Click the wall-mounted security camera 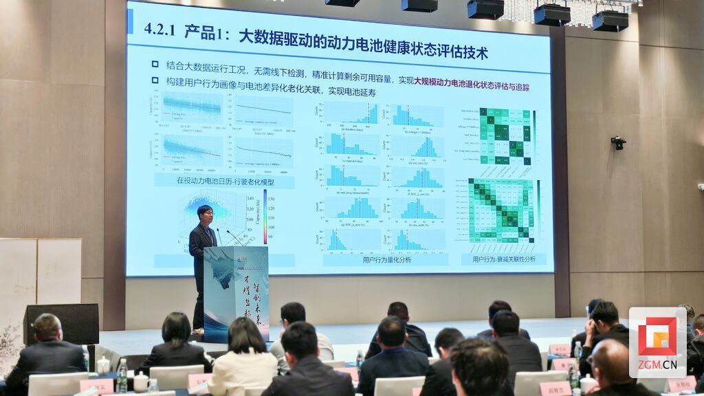coord(618,142)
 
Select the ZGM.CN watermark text coord(657,364)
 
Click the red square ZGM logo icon coord(657,336)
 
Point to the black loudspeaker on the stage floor coord(62,323)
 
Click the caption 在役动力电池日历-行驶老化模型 coord(225,180)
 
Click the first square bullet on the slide coord(155,65)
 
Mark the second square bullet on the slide coord(155,81)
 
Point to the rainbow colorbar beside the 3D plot coord(265,217)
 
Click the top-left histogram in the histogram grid coord(351,114)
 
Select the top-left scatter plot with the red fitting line coord(192,108)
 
